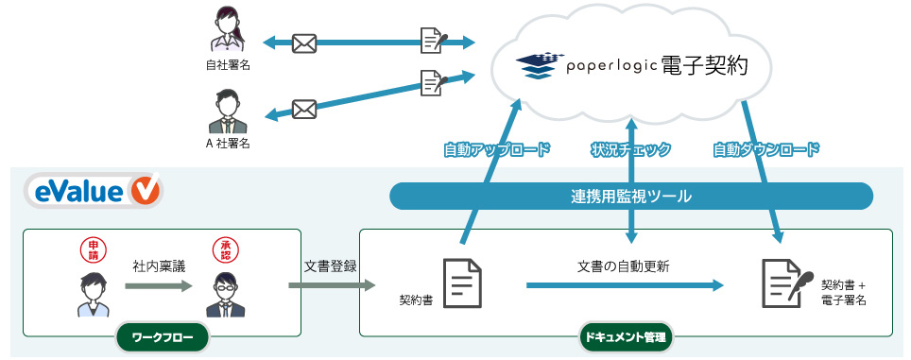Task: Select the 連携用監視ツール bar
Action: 630,197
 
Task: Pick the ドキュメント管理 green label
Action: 624,336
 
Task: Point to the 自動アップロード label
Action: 496,149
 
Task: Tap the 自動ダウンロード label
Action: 766,149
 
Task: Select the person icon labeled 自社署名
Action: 228,31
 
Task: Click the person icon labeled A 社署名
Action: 228,111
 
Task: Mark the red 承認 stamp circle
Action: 224,250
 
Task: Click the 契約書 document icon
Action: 463,282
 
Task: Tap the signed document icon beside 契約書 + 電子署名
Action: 782,282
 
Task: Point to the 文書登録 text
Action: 330,266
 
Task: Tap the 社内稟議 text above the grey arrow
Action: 158,266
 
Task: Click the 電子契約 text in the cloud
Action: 705,66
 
